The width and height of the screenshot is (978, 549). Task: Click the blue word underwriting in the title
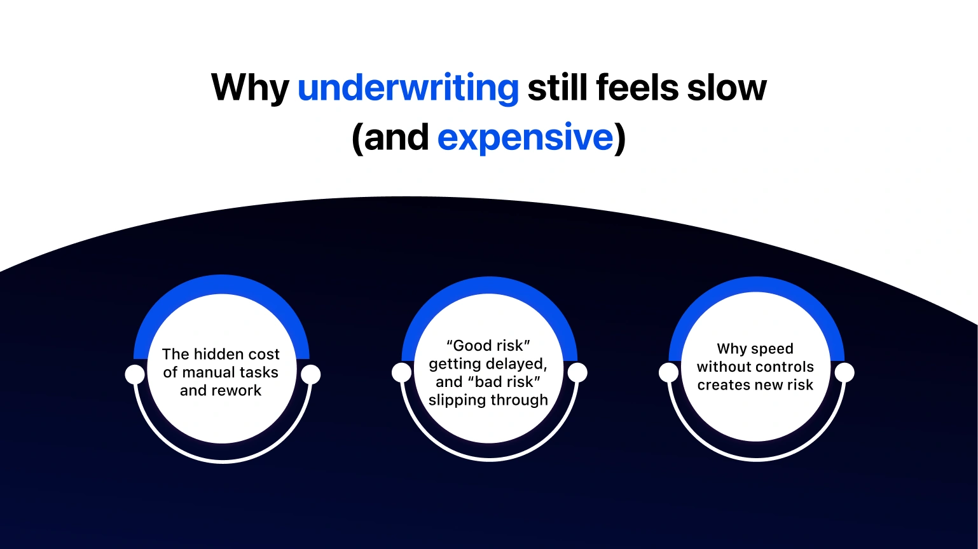pos(408,88)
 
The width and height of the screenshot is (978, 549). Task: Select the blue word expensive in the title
pos(525,137)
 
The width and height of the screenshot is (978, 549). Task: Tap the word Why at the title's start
pos(249,88)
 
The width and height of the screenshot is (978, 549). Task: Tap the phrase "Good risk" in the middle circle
pos(488,346)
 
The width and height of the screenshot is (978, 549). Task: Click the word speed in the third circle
pos(772,349)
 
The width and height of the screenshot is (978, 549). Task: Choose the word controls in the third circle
pos(783,367)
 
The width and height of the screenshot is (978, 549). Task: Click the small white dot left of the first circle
pos(135,374)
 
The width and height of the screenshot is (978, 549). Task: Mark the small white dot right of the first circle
pos(310,374)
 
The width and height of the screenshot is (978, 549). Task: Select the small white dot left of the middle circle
pos(402,372)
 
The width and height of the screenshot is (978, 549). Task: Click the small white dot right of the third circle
pos(844,372)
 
